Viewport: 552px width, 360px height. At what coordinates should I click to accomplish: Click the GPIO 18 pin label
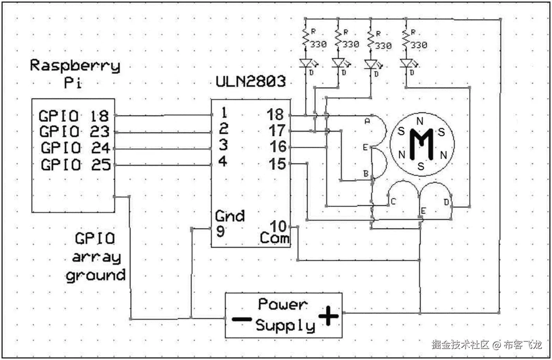pyautogui.click(x=74, y=116)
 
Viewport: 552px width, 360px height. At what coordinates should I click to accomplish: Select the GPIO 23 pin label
pyautogui.click(x=74, y=132)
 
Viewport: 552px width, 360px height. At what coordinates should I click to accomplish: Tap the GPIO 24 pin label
pyautogui.click(x=76, y=148)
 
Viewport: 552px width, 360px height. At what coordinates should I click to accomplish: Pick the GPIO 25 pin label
pyautogui.click(x=76, y=165)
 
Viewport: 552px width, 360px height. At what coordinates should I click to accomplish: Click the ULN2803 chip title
pyautogui.click(x=251, y=82)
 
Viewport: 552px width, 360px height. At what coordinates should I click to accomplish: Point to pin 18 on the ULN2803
pyautogui.click(x=275, y=115)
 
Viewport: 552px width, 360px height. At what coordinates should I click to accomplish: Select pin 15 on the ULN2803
pyautogui.click(x=277, y=164)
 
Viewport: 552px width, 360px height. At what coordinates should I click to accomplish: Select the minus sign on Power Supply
pyautogui.click(x=242, y=319)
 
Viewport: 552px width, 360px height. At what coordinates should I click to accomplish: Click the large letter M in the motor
pyautogui.click(x=421, y=144)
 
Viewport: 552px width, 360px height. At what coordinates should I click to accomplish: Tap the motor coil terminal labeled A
pyautogui.click(x=367, y=121)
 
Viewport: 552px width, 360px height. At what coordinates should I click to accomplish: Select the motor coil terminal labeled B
pyautogui.click(x=366, y=174)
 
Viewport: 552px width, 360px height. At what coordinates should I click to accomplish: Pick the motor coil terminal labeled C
pyautogui.click(x=393, y=202)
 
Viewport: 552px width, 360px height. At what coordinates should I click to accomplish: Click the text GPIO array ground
pyautogui.click(x=95, y=257)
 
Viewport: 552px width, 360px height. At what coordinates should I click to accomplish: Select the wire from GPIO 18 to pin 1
pyautogui.click(x=163, y=115)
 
